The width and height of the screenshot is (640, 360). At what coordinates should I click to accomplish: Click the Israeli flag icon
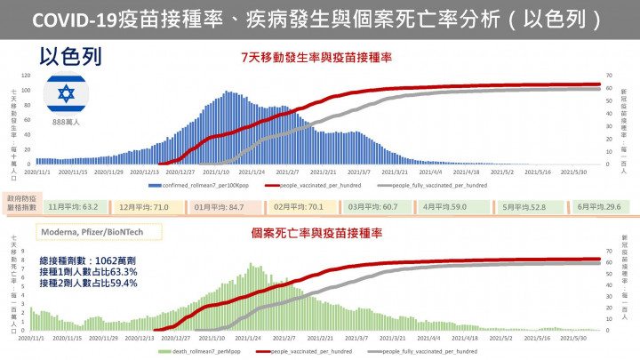[x=65, y=94]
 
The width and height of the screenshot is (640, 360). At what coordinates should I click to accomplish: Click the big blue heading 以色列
[x=71, y=57]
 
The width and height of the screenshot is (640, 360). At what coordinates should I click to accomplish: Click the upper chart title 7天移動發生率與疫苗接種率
[x=317, y=57]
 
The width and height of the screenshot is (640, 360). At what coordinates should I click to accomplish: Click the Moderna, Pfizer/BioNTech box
[x=89, y=234]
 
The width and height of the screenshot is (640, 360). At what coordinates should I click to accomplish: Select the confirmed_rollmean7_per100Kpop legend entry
[x=204, y=185]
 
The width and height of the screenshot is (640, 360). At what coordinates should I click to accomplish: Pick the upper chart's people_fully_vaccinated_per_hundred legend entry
[x=436, y=185]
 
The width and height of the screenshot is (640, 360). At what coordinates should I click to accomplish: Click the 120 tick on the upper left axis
[x=25, y=76]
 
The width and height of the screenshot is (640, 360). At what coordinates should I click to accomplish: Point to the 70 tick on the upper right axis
[x=609, y=76]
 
